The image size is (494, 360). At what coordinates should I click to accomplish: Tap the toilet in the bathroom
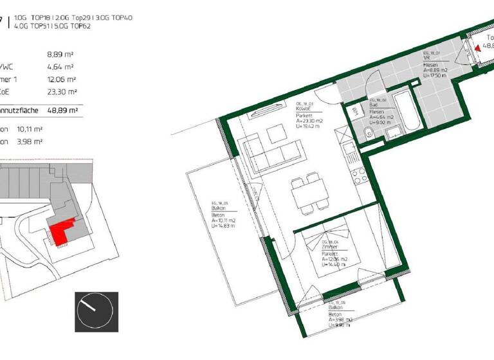[x=366, y=134]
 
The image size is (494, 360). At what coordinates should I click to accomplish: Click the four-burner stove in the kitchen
[x=361, y=174]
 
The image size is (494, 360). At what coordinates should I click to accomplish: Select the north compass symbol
[x=96, y=311]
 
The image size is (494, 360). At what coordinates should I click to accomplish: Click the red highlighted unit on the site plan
[x=60, y=231]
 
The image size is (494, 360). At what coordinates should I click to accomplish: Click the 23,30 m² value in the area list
[x=62, y=91]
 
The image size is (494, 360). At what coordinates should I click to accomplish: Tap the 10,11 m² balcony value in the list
[x=30, y=129]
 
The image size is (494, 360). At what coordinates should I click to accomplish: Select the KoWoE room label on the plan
[x=304, y=109]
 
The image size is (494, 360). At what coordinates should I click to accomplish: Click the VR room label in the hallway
[x=426, y=58]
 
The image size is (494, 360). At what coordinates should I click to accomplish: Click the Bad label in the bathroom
[x=373, y=105]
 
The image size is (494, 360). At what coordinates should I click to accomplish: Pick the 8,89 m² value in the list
[x=62, y=55]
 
